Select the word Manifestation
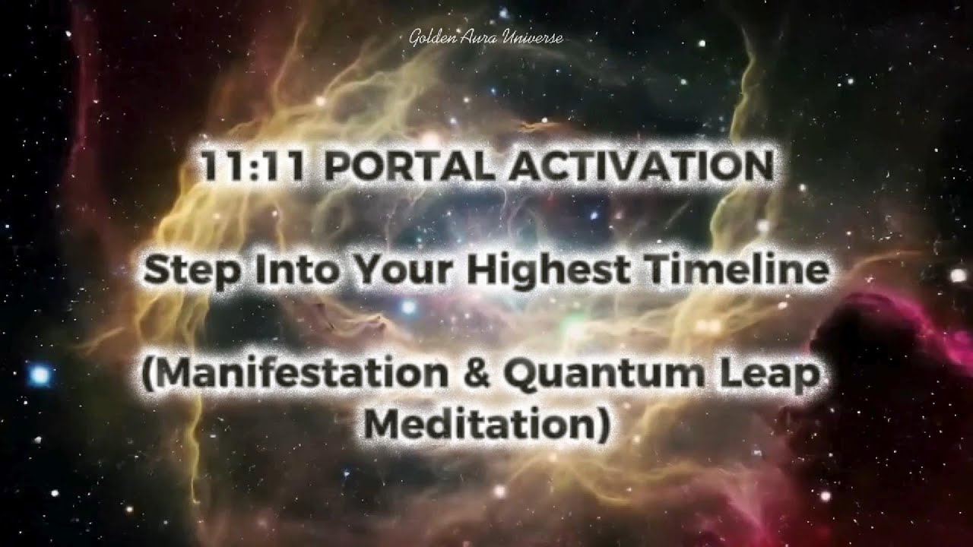coord(296,377)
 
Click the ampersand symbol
coord(477,377)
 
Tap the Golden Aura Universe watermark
coord(486,37)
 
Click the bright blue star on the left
coord(40,374)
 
